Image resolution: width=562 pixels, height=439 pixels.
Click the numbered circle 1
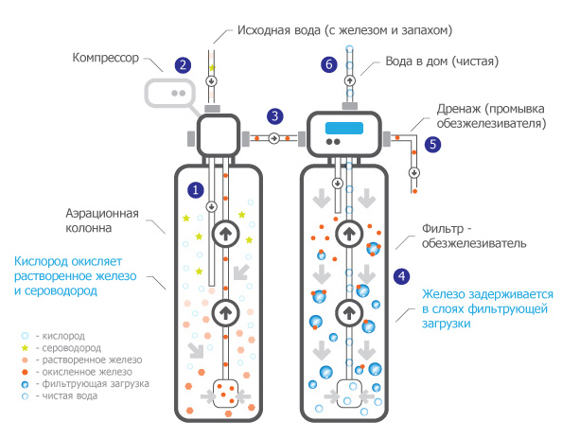pyautogui.click(x=195, y=190)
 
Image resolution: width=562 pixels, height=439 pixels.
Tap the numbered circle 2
pyautogui.click(x=183, y=65)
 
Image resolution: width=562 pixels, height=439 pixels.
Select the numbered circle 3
pyautogui.click(x=275, y=116)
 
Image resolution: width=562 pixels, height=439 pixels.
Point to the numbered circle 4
pyautogui.click(x=401, y=276)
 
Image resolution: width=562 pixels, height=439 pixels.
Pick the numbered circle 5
pyautogui.click(x=432, y=145)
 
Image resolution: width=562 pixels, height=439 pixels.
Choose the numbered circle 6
pyautogui.click(x=329, y=65)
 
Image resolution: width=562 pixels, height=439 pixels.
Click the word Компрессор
pyautogui.click(x=105, y=58)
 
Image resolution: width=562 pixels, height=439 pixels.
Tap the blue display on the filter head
pyautogui.click(x=344, y=128)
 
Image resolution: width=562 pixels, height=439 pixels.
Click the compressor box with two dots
pyautogui.click(x=170, y=93)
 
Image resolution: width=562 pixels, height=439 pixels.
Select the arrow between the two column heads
pyautogui.click(x=274, y=138)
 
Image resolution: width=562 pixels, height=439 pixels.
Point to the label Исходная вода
pyautogui.click(x=279, y=30)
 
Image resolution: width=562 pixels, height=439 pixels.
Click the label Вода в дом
pyautogui.click(x=416, y=61)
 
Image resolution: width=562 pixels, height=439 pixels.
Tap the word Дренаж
pyautogui.click(x=459, y=109)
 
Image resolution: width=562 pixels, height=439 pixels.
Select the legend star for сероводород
pyautogui.click(x=25, y=347)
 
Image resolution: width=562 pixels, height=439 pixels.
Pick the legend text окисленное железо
pyautogui.click(x=87, y=372)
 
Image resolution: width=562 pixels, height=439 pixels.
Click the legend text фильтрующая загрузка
pyautogui.click(x=96, y=384)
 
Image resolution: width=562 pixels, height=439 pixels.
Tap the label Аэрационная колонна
pyautogui.click(x=102, y=220)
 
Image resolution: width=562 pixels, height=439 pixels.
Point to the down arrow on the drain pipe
pyautogui.click(x=414, y=173)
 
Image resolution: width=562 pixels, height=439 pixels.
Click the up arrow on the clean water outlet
pyautogui.click(x=350, y=80)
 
